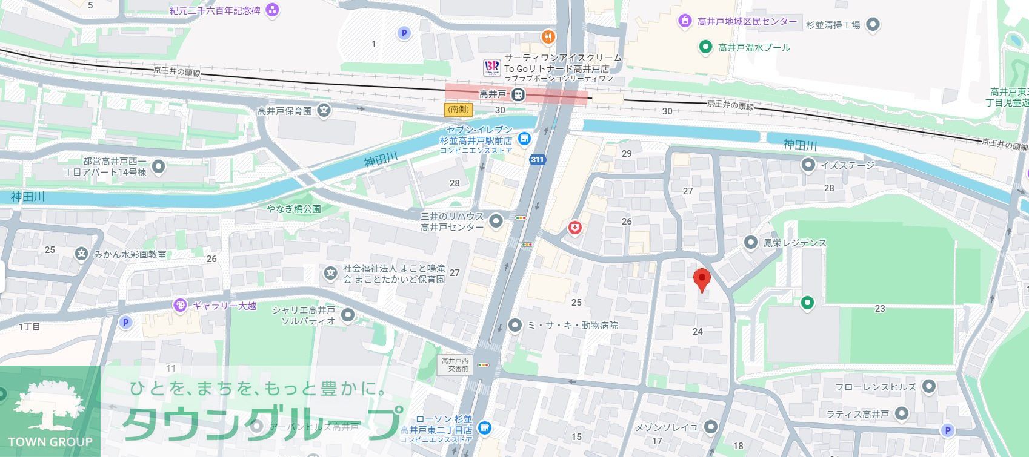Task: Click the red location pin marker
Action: coord(702,280)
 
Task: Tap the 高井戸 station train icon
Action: coord(518,94)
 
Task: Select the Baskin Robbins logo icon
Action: coord(491,67)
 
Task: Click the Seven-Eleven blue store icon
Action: coord(524,139)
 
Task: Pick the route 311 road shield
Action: coord(536,160)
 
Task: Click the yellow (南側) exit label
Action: coord(458,110)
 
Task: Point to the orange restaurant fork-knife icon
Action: coord(548,37)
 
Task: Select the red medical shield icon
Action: coord(574,228)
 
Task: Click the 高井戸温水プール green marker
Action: coord(705,47)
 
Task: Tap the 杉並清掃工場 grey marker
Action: coord(873,25)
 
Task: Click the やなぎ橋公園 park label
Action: coord(294,209)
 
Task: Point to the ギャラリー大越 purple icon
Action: coord(180,306)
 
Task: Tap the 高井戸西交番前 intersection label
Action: coord(454,364)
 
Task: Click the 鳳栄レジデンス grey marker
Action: coord(751,243)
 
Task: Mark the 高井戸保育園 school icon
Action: coord(325,111)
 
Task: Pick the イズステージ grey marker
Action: coord(808,165)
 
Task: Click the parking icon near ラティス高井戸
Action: coord(947,430)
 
